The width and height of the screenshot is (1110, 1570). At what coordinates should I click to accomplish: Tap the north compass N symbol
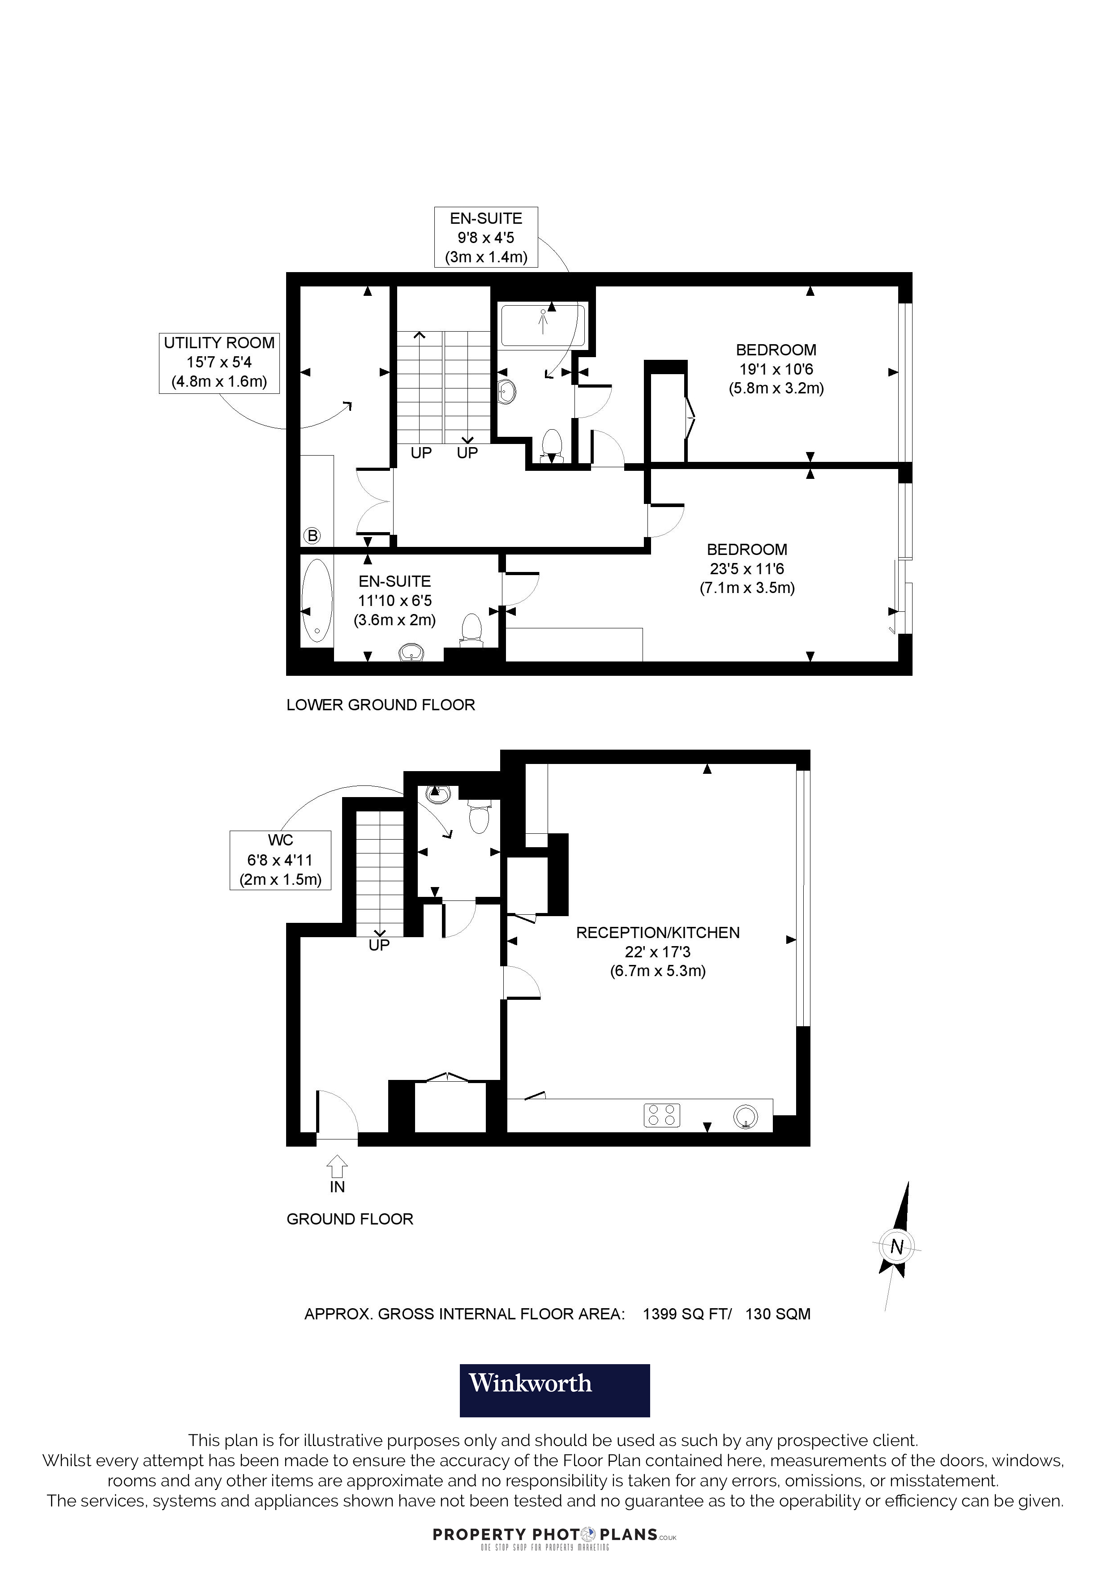[896, 1246]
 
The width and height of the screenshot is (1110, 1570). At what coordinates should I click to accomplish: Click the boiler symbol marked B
[313, 535]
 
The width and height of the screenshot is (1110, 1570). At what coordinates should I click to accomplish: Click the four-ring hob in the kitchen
[661, 1115]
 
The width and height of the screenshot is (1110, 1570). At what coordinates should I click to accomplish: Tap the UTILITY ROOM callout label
[219, 363]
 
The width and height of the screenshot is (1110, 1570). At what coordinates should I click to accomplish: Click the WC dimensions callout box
[280, 860]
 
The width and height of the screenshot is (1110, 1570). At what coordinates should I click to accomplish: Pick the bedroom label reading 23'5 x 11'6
[747, 568]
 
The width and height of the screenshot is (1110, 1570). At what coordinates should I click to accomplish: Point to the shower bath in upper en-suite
[543, 325]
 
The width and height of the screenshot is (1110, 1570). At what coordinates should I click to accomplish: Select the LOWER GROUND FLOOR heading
[380, 705]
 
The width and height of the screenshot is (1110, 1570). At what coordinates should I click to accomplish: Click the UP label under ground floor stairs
[379, 945]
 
